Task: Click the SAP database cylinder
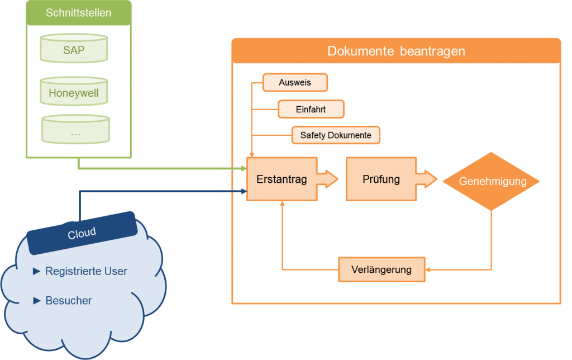tap(74, 48)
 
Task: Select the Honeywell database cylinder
tap(74, 91)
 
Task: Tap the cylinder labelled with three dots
tap(75, 129)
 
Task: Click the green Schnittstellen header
tap(79, 13)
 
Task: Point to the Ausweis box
tap(295, 83)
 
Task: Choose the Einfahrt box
tap(311, 109)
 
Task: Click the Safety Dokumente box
tap(336, 135)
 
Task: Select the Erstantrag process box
tap(282, 179)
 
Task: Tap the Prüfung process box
tap(381, 179)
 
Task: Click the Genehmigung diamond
tap(492, 182)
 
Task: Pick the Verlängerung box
tap(382, 269)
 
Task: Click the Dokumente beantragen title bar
tap(396, 51)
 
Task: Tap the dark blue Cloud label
tap(82, 233)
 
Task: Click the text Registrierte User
tap(86, 271)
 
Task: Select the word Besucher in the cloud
tap(69, 301)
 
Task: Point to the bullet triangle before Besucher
tap(36, 301)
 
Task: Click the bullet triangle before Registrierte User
tap(36, 271)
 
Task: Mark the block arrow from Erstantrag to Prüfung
tap(327, 179)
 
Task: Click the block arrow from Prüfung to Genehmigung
tap(427, 179)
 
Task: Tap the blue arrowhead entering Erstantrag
tap(245, 191)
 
